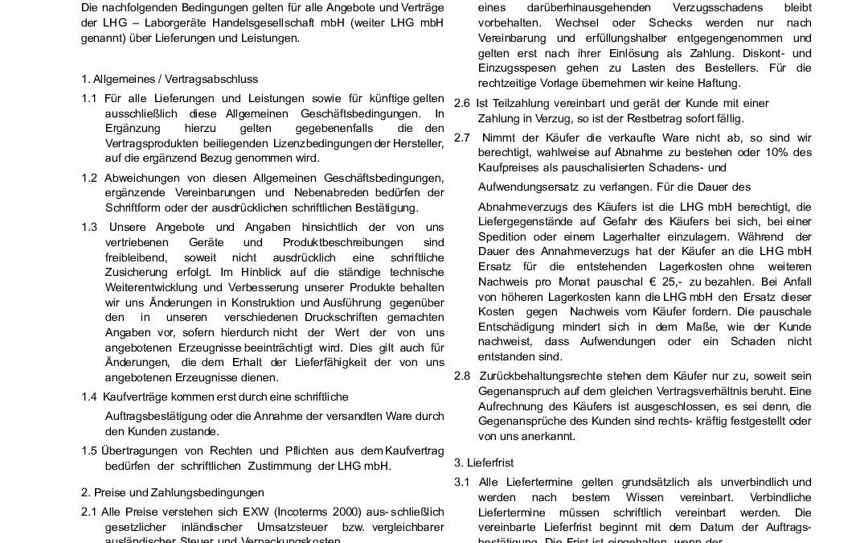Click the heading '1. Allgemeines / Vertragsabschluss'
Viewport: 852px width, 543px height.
click(x=170, y=79)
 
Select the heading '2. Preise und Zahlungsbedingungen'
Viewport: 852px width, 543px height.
click(x=173, y=492)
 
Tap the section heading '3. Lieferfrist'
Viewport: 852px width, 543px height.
click(x=483, y=463)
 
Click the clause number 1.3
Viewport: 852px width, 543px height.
click(x=90, y=228)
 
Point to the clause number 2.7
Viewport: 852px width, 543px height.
click(x=462, y=138)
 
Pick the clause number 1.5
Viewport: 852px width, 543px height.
click(x=90, y=450)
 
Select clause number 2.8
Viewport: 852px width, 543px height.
click(x=462, y=376)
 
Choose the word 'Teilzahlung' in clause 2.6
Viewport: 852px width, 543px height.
click(x=515, y=103)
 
